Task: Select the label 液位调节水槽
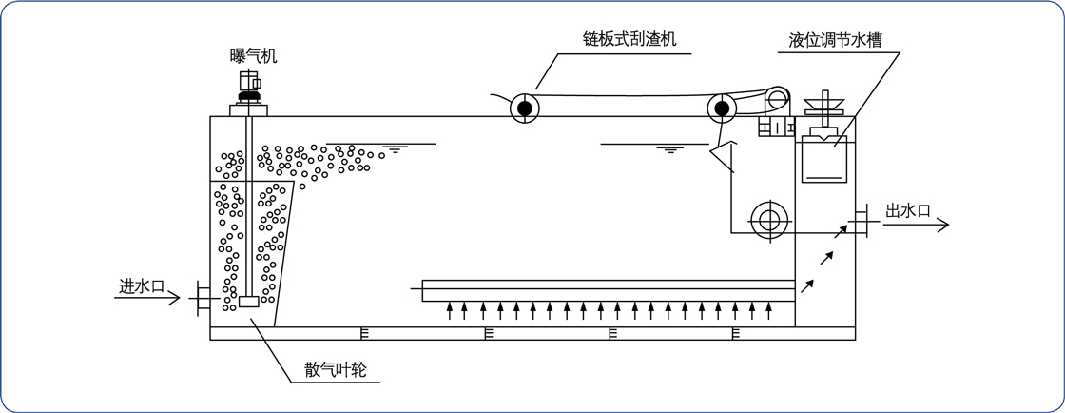point(835,41)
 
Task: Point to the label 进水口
point(142,285)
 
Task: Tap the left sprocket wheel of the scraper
point(525,108)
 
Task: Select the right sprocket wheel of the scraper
point(723,108)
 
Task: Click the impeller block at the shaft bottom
point(248,302)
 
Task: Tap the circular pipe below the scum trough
point(768,220)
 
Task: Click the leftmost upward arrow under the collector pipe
point(450,310)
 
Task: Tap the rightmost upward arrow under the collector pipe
point(767,310)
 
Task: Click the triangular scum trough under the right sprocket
point(726,156)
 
